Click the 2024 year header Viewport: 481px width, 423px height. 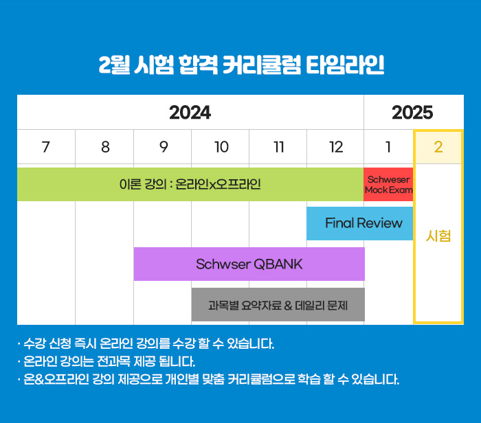[x=190, y=112]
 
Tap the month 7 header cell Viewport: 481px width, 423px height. [x=46, y=147]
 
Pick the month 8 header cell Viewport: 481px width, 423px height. [x=104, y=147]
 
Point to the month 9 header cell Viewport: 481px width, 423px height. [x=163, y=147]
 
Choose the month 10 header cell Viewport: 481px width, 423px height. [x=221, y=147]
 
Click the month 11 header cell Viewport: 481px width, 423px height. [x=278, y=147]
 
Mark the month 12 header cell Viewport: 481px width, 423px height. [x=335, y=147]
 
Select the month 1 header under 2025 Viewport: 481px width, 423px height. [x=388, y=147]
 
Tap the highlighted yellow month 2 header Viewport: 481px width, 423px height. [x=438, y=147]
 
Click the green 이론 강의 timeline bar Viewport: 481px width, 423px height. [x=190, y=184]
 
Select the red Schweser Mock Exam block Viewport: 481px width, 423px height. [x=388, y=184]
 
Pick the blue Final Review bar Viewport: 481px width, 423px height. [x=360, y=223]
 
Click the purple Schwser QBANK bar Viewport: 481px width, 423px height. [x=249, y=264]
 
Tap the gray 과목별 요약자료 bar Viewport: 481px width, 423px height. [x=278, y=304]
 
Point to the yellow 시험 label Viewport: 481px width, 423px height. [x=438, y=236]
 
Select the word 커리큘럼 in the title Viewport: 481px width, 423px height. [x=262, y=65]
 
